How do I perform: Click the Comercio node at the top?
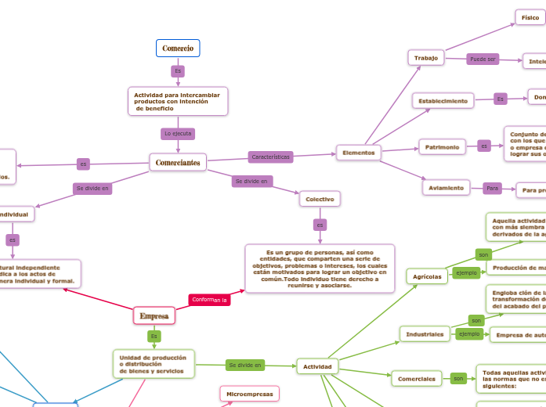click(178, 49)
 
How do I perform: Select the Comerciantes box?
click(178, 162)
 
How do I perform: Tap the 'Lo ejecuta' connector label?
click(178, 134)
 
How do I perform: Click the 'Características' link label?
click(270, 157)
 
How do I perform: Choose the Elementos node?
click(359, 152)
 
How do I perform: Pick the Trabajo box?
click(426, 58)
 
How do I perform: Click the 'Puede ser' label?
click(483, 59)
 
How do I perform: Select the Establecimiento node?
click(443, 100)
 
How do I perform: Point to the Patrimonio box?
click(443, 146)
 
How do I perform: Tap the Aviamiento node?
click(447, 188)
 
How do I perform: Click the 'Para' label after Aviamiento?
click(493, 189)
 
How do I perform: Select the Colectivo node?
click(320, 199)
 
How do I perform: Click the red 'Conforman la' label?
click(210, 300)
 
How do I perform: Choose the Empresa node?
click(154, 315)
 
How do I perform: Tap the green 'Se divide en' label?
click(244, 365)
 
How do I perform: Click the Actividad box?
click(317, 366)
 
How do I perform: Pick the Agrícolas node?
click(428, 276)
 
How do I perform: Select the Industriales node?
click(425, 334)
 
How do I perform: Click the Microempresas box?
click(248, 393)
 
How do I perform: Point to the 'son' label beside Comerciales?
click(458, 379)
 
